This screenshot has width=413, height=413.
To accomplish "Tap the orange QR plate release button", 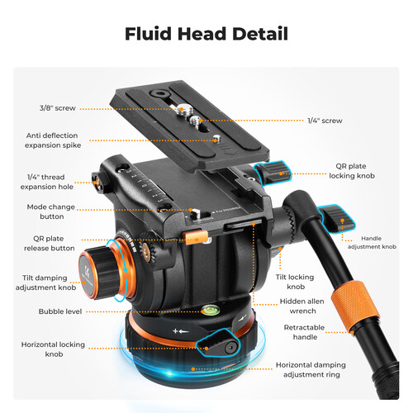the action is click(x=195, y=237).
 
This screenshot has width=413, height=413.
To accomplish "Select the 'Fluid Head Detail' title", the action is click(x=206, y=34).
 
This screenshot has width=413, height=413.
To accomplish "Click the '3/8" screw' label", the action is click(x=57, y=108).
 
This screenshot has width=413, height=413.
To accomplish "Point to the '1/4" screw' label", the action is click(x=325, y=121).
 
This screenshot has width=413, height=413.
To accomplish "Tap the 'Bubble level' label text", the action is click(x=60, y=311).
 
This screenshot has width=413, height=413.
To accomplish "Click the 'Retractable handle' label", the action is click(x=304, y=332).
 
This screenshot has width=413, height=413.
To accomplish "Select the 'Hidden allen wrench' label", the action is click(x=302, y=306).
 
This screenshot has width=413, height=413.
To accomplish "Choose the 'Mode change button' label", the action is click(x=51, y=211).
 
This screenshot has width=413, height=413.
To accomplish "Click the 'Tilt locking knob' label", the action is click(x=295, y=282).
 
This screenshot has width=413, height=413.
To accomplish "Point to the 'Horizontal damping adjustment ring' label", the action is click(x=311, y=369).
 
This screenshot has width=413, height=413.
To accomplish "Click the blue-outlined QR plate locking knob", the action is click(x=273, y=172).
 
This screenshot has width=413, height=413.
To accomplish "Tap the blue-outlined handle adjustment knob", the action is click(x=337, y=217).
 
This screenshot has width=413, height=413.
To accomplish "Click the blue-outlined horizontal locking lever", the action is click(x=217, y=343).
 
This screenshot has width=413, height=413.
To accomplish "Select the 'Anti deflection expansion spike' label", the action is click(x=53, y=140).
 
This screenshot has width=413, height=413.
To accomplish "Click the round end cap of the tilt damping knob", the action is click(x=86, y=275).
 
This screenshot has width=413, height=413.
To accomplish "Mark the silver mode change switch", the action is click(x=196, y=213).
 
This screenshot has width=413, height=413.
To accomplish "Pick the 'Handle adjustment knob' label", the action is click(x=372, y=242).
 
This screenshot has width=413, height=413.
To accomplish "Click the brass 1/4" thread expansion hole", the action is click(x=96, y=182).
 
